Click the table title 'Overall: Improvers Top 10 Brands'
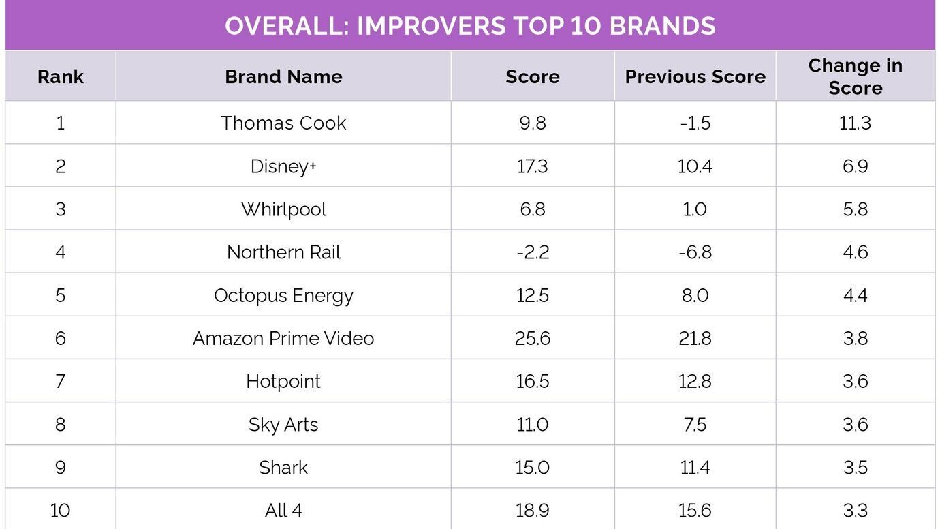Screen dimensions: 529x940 coord(470,26)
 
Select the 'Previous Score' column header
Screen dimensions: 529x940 coord(695,76)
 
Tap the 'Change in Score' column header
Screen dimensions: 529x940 coord(855,76)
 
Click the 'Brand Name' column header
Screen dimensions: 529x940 coord(283,76)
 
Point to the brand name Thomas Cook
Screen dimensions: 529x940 coord(283,123)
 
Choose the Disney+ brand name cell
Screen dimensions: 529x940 coord(283,166)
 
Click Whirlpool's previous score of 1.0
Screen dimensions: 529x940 coord(695,209)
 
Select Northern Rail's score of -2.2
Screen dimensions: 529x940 coord(532,252)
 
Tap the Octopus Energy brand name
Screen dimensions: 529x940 coord(283,295)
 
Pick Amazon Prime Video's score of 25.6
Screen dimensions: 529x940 coord(532,338)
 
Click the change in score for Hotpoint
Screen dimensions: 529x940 coord(855,381)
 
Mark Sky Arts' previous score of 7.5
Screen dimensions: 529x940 coord(695,424)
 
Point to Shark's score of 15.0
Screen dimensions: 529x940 coord(532,467)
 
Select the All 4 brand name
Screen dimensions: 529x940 coord(283,510)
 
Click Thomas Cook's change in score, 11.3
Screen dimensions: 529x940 coord(855,123)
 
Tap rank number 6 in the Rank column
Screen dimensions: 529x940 coord(61,338)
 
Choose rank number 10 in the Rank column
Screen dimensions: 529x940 coord(61,510)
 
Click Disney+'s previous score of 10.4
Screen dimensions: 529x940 coord(695,166)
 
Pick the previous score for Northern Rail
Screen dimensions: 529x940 coord(695,252)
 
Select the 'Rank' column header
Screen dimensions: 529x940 coord(61,76)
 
